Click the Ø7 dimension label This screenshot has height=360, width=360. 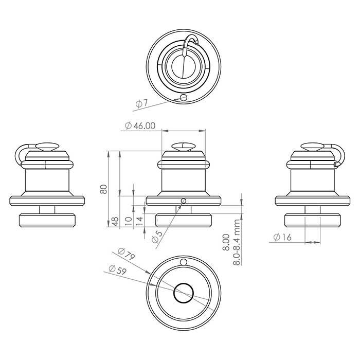[142, 103]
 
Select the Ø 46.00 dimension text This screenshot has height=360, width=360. [140, 126]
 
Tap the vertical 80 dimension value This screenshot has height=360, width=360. [104, 189]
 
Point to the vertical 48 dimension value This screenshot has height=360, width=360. [115, 222]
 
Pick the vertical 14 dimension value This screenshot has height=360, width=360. [140, 221]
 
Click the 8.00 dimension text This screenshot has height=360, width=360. [226, 242]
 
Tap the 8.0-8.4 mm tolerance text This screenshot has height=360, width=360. [237, 242]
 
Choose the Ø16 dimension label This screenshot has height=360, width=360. [282, 237]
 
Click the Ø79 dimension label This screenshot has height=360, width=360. [127, 254]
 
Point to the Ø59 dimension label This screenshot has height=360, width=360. [118, 270]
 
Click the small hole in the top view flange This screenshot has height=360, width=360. [184, 97]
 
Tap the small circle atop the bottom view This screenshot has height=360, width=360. [183, 262]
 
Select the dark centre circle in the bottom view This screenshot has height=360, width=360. [184, 293]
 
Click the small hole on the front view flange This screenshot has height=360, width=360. [183, 201]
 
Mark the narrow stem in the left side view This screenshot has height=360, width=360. [47, 210]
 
